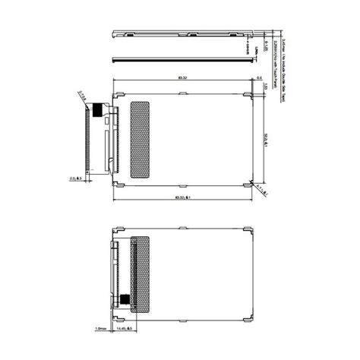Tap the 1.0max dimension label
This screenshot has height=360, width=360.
click(101, 328)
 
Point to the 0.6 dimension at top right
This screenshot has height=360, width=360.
click(260, 78)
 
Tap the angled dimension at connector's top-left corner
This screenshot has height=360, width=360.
click(81, 95)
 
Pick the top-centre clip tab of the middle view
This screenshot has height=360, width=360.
click(184, 93)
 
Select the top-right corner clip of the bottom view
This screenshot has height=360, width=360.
click(248, 229)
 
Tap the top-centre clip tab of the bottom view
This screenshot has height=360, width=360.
click(184, 228)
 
